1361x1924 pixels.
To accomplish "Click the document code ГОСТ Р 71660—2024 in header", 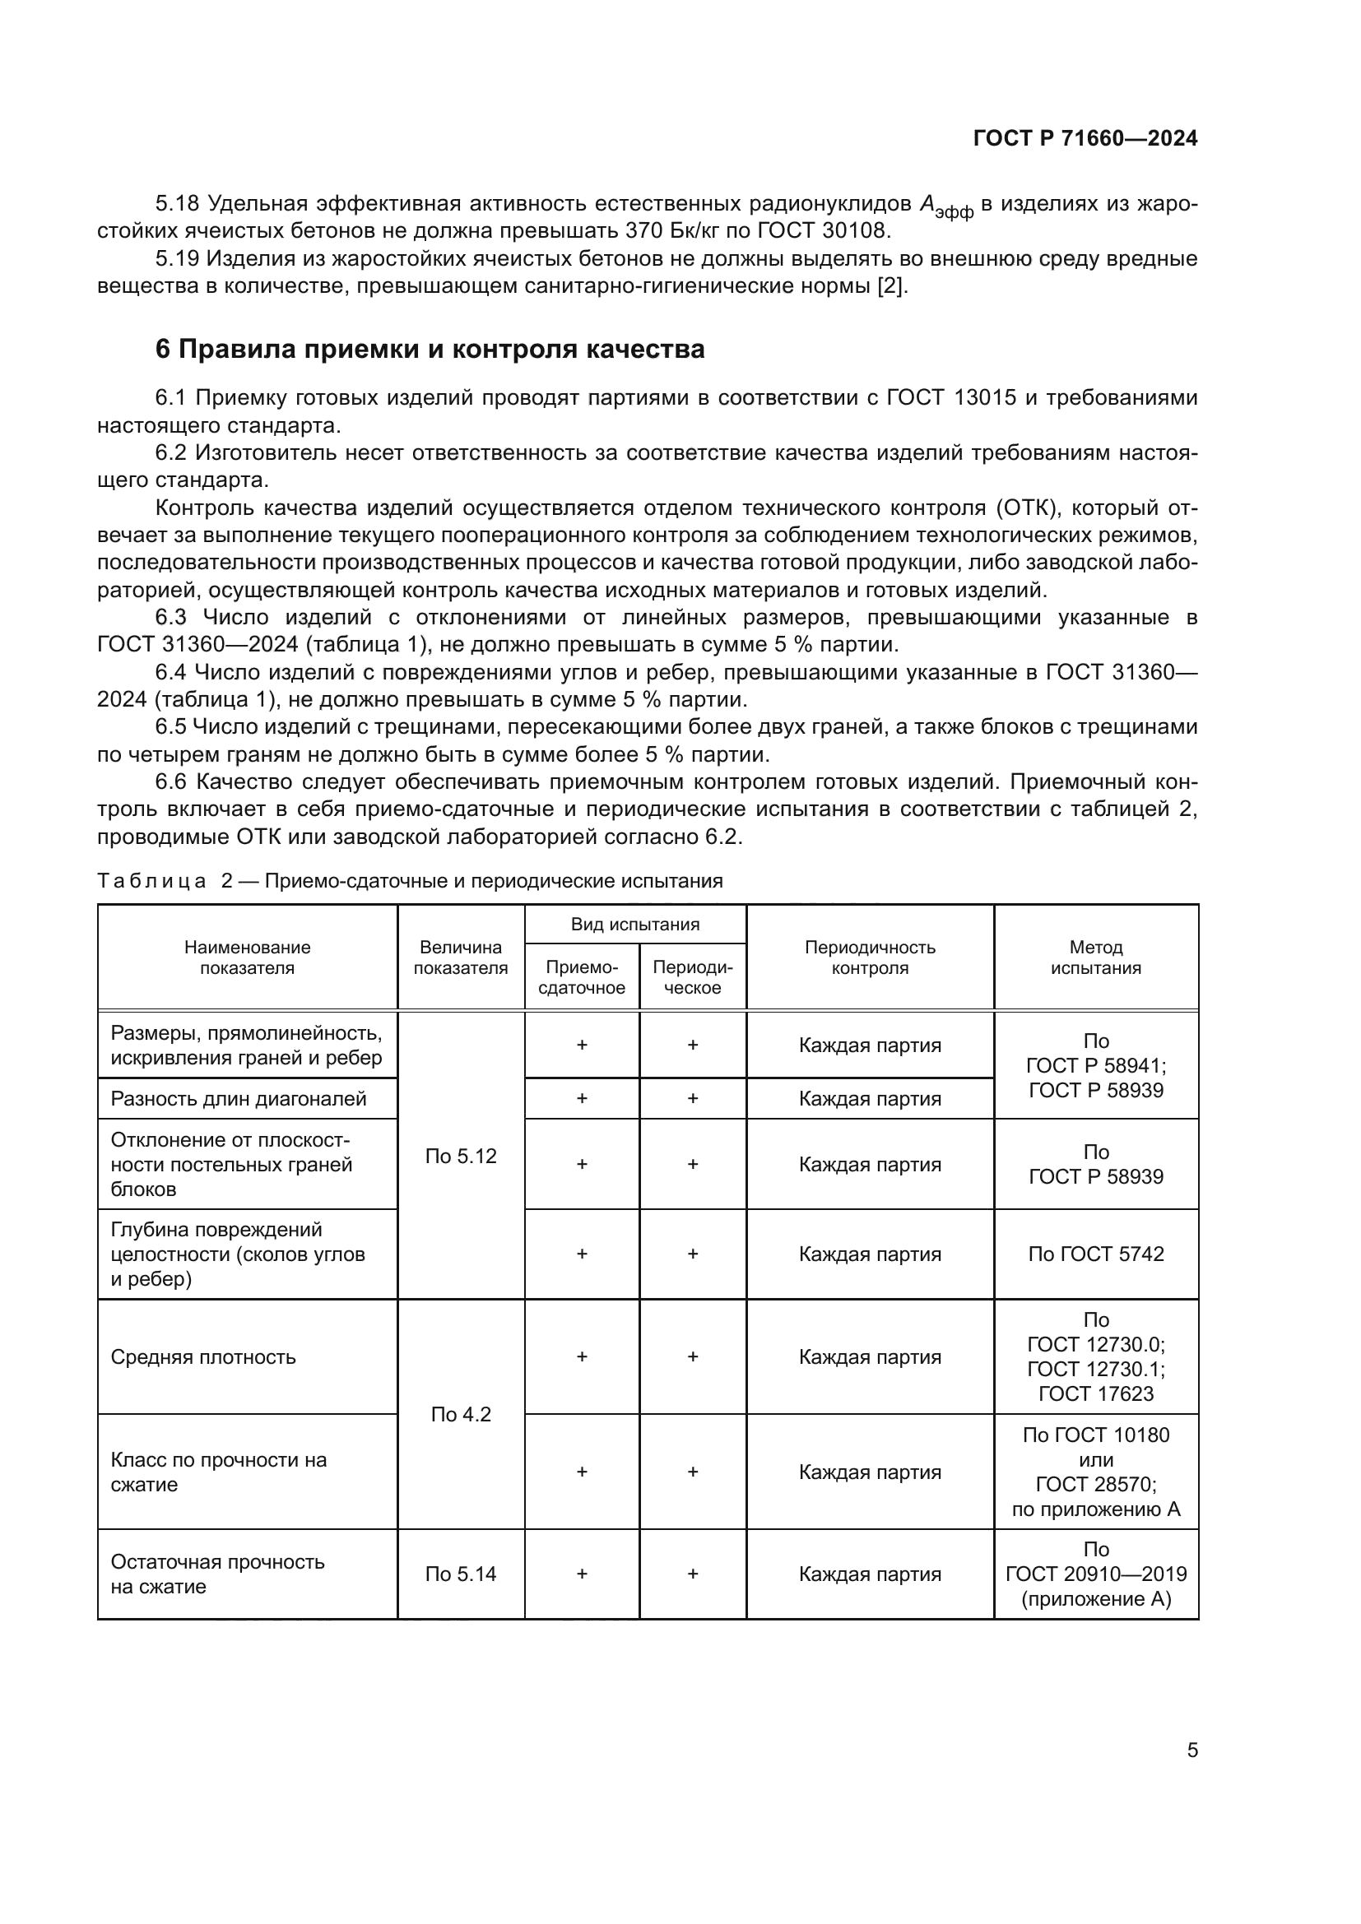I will click(1085, 138).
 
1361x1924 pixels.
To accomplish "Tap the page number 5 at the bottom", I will click(1191, 1750).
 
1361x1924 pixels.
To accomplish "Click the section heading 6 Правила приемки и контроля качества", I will click(430, 349).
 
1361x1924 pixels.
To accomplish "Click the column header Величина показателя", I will click(460, 957).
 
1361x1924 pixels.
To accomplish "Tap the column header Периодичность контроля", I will click(869, 957).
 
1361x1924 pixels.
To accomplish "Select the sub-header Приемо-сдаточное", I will click(582, 977).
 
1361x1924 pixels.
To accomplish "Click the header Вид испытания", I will click(634, 925).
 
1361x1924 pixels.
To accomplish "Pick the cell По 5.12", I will click(460, 1157).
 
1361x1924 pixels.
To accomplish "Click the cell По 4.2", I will click(460, 1415).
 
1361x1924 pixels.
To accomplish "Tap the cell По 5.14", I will click(460, 1574).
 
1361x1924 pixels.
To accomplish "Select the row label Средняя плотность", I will click(203, 1356).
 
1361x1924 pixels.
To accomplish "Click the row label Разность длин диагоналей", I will click(239, 1099).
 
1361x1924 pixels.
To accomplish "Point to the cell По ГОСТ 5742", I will click(1095, 1254).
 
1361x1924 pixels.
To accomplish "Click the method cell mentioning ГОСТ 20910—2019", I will click(1095, 1574).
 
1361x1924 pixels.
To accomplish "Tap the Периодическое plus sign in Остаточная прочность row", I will click(692, 1574).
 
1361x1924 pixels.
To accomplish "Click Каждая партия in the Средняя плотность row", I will click(869, 1356).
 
